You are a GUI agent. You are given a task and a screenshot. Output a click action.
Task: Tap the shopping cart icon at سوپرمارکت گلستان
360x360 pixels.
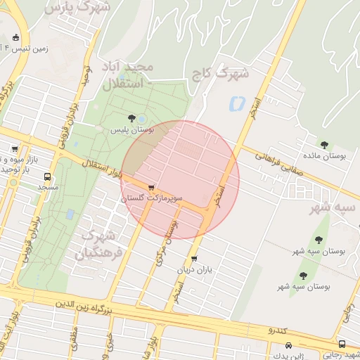[x=152, y=188]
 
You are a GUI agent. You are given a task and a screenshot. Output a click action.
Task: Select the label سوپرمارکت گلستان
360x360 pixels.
[x=152, y=200]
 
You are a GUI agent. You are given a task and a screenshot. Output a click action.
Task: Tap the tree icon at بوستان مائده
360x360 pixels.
[x=324, y=145]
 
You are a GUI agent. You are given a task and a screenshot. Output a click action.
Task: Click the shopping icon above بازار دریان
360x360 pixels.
[x=194, y=258]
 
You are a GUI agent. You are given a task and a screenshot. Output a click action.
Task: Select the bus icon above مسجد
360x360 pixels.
[x=47, y=177]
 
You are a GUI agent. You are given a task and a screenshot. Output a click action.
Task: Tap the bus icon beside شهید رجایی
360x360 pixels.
[x=342, y=344]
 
